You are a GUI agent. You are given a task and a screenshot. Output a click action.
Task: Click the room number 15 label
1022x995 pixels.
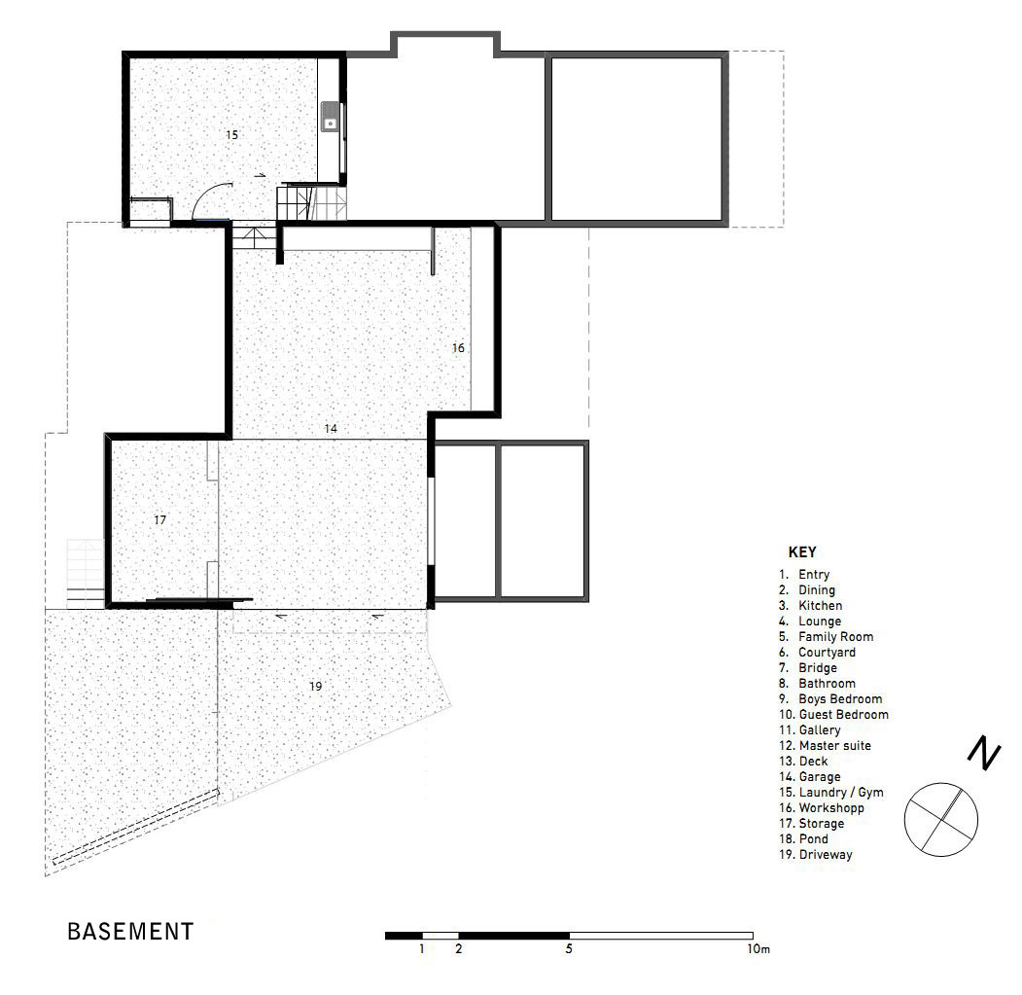coord(232,135)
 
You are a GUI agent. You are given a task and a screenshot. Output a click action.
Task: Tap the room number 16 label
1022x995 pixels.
coord(458,348)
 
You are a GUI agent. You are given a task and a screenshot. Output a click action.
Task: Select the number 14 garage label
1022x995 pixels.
coord(332,428)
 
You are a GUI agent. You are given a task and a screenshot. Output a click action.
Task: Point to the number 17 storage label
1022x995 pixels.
coord(160,519)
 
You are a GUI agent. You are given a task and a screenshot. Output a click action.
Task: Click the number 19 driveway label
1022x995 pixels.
coord(315,686)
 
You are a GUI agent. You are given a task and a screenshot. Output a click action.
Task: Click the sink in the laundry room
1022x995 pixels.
coord(331,117)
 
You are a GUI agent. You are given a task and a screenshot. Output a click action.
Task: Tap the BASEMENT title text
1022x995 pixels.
coord(130,931)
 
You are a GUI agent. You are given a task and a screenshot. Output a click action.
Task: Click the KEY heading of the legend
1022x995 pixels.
coord(801,552)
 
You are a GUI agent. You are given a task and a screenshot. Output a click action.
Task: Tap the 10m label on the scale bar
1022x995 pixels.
coord(758,949)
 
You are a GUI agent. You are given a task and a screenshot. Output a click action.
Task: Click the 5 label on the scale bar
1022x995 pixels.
coord(569,948)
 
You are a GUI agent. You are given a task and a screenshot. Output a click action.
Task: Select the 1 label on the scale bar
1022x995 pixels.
coord(422,948)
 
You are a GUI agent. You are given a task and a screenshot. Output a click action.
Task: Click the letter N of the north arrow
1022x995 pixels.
coord(984,754)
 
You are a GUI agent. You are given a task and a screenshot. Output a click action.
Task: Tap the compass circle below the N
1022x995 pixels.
coord(941,783)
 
